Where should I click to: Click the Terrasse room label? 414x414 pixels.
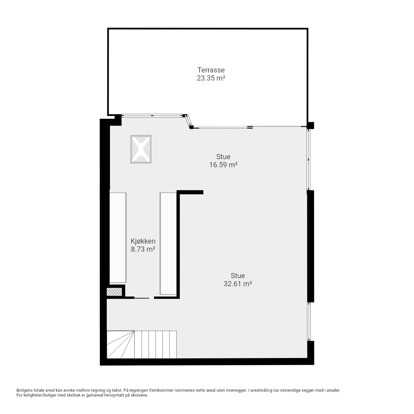211,70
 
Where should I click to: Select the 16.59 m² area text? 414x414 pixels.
223,165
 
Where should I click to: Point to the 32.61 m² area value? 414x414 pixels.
238,284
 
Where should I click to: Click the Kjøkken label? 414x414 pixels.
143,241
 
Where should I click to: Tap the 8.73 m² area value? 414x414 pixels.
143,249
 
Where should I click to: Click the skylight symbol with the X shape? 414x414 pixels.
141,149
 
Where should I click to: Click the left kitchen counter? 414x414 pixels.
118,238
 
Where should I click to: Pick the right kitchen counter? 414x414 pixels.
168,244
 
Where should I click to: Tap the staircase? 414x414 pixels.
142,344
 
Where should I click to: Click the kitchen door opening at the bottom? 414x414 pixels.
144,298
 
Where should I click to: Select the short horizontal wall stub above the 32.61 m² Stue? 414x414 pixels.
190,192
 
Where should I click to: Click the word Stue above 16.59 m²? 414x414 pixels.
223,157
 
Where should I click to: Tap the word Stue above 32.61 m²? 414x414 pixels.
238,276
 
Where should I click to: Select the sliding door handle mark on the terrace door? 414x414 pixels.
250,127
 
